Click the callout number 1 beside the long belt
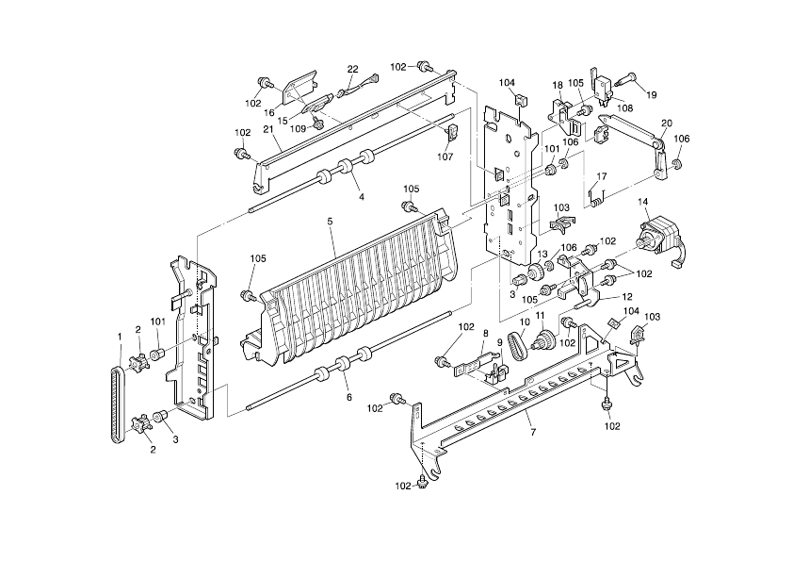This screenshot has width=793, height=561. click(120, 337)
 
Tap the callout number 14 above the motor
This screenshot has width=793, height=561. click(644, 202)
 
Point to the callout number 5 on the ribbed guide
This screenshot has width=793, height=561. click(330, 223)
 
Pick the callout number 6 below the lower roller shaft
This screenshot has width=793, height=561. click(348, 397)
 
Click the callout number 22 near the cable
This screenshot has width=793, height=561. click(353, 69)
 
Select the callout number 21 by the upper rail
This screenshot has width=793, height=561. click(267, 129)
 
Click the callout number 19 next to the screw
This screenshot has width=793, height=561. click(651, 94)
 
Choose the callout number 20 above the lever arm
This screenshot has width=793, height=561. click(667, 124)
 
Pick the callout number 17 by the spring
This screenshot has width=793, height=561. click(602, 176)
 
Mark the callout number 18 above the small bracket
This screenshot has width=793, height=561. click(558, 85)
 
